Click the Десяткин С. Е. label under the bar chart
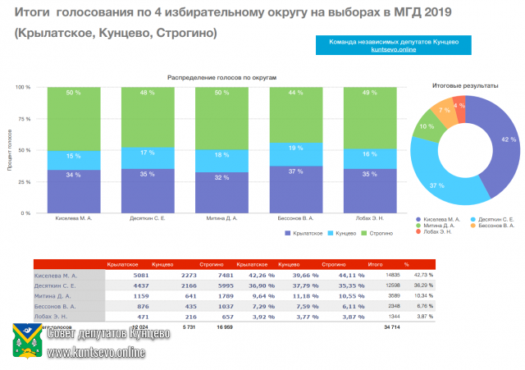148,219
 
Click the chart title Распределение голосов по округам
223,76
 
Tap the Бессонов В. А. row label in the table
57,305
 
